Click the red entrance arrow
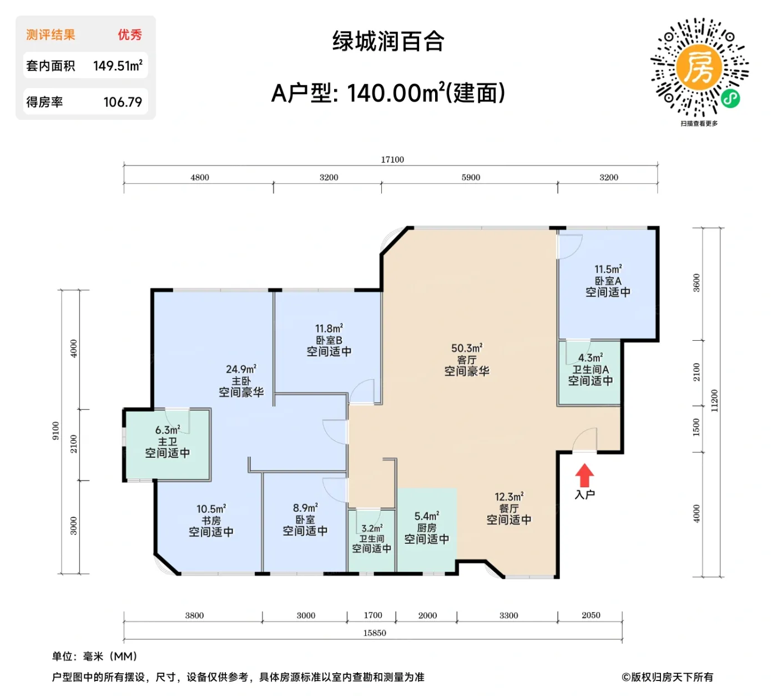pyautogui.click(x=584, y=476)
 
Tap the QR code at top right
pyautogui.click(x=699, y=67)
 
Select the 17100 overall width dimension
pyautogui.click(x=392, y=160)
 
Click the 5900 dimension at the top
pyautogui.click(x=471, y=178)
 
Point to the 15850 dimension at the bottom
pyautogui.click(x=375, y=633)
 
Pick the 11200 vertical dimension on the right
pyautogui.click(x=714, y=400)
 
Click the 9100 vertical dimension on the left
pyautogui.click(x=56, y=431)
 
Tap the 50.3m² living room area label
pyautogui.click(x=467, y=349)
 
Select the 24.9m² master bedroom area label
pyautogui.click(x=241, y=370)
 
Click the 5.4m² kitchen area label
pyautogui.click(x=426, y=517)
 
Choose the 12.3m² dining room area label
pyautogui.click(x=509, y=497)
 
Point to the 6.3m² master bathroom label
pyautogui.click(x=167, y=430)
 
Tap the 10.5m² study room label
pyautogui.click(x=211, y=509)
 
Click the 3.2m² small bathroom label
pyautogui.click(x=371, y=529)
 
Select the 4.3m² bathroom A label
pyautogui.click(x=591, y=358)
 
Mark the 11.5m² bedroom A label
pyautogui.click(x=608, y=269)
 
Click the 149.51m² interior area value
pyautogui.click(x=118, y=66)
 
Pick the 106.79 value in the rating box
pyautogui.click(x=123, y=102)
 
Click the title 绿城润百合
pyautogui.click(x=389, y=42)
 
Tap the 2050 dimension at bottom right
pyautogui.click(x=591, y=616)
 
